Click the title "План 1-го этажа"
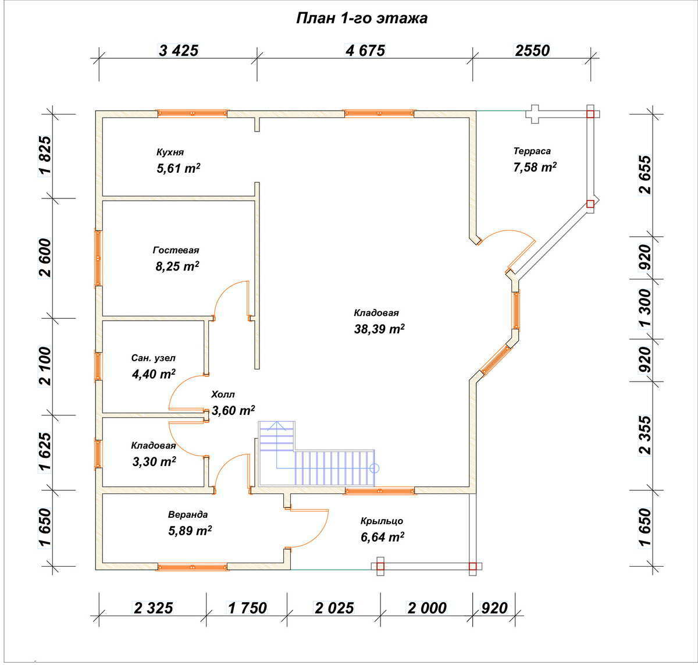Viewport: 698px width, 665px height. click(x=362, y=19)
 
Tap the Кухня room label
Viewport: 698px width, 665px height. click(x=170, y=152)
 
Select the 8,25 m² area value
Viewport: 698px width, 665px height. click(x=177, y=266)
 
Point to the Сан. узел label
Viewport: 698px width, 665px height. click(x=154, y=358)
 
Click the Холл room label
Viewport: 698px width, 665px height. click(x=223, y=394)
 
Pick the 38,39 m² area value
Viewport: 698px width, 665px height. click(x=379, y=329)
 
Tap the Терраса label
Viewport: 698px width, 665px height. click(x=532, y=151)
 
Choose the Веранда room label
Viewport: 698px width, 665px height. click(x=188, y=514)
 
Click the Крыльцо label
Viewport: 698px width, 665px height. click(x=382, y=521)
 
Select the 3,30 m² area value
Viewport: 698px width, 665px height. click(x=154, y=461)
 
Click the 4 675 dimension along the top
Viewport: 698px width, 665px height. click(x=365, y=51)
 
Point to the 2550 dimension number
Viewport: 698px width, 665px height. click(x=532, y=51)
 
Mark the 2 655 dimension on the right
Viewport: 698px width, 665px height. click(x=645, y=175)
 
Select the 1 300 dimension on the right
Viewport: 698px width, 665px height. click(x=645, y=308)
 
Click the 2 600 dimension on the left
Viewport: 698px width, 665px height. click(x=45, y=258)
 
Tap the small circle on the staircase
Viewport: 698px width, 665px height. click(x=374, y=468)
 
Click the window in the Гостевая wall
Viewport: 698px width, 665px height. click(x=98, y=258)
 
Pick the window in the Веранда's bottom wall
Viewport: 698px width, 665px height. click(x=192, y=567)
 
